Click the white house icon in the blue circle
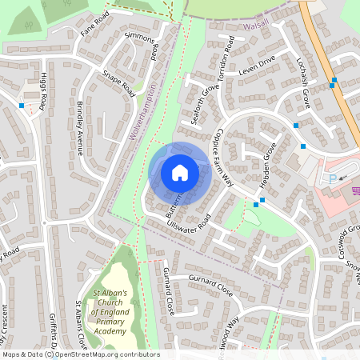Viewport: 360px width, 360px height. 180,172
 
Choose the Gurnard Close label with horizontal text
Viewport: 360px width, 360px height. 210,286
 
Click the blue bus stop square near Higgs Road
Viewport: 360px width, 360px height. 21,105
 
